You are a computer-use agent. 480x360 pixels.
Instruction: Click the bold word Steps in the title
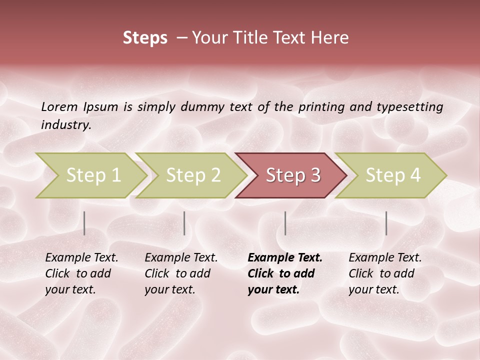pos(145,38)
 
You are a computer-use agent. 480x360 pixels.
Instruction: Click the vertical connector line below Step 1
pos(84,223)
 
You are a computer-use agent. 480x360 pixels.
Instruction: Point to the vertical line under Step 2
pos(184,223)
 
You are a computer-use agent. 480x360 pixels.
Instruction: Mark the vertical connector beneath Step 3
pos(285,223)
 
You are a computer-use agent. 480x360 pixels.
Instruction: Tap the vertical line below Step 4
pos(386,223)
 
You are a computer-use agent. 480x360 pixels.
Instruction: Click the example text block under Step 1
pos(81,273)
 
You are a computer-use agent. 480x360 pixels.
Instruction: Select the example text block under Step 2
pos(181,273)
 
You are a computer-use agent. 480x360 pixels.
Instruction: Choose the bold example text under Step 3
pos(284,273)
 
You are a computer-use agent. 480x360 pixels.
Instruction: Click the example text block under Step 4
pos(385,273)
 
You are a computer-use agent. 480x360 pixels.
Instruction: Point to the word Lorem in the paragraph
pos(59,107)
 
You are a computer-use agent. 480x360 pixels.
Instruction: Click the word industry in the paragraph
pos(65,125)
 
